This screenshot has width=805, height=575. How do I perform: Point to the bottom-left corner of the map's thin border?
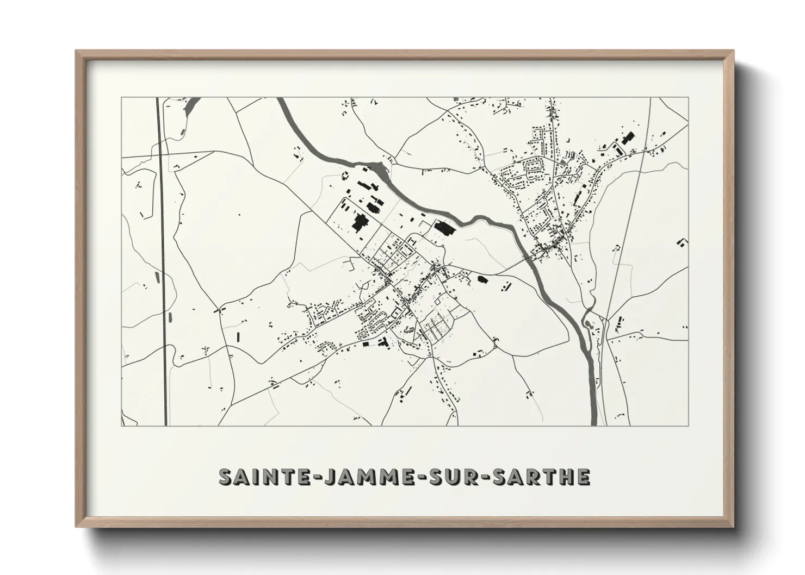click(x=121, y=425)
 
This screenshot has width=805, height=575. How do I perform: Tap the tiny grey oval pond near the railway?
click(x=158, y=278)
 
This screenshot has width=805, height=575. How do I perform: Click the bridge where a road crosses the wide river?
click(x=530, y=260)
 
